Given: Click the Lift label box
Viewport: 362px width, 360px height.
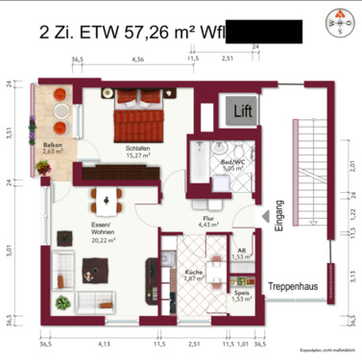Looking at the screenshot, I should coord(239,112).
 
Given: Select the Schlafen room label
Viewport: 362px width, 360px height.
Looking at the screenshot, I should coord(137,151).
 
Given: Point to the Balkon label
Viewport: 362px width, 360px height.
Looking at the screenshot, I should coord(53,148).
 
